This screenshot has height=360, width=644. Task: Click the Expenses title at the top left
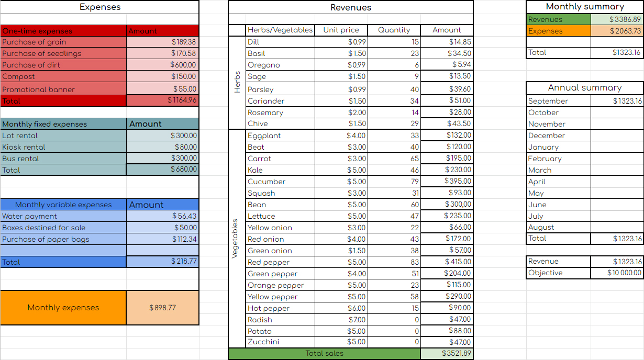100,7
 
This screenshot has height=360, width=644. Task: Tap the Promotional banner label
38,89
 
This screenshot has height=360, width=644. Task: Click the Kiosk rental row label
24,147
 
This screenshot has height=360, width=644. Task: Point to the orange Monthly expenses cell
63,308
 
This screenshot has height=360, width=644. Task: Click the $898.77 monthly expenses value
162,308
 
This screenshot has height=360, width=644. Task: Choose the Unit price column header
341,30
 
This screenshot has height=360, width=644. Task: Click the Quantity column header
394,30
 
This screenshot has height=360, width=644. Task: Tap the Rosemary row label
265,113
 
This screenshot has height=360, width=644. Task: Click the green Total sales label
325,354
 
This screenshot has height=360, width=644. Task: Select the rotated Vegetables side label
235,238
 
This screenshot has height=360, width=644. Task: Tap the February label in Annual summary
545,159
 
